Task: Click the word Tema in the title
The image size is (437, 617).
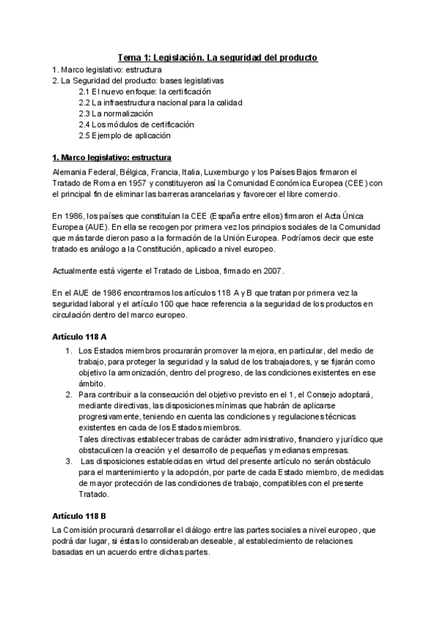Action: click(131, 57)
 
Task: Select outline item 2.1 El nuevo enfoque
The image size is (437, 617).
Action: click(145, 92)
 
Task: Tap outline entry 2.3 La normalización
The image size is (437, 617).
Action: click(117, 114)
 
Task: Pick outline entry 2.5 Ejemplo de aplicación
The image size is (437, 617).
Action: click(125, 135)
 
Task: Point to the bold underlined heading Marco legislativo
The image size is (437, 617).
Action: click(113, 157)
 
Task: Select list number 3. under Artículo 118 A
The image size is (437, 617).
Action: click(69, 462)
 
